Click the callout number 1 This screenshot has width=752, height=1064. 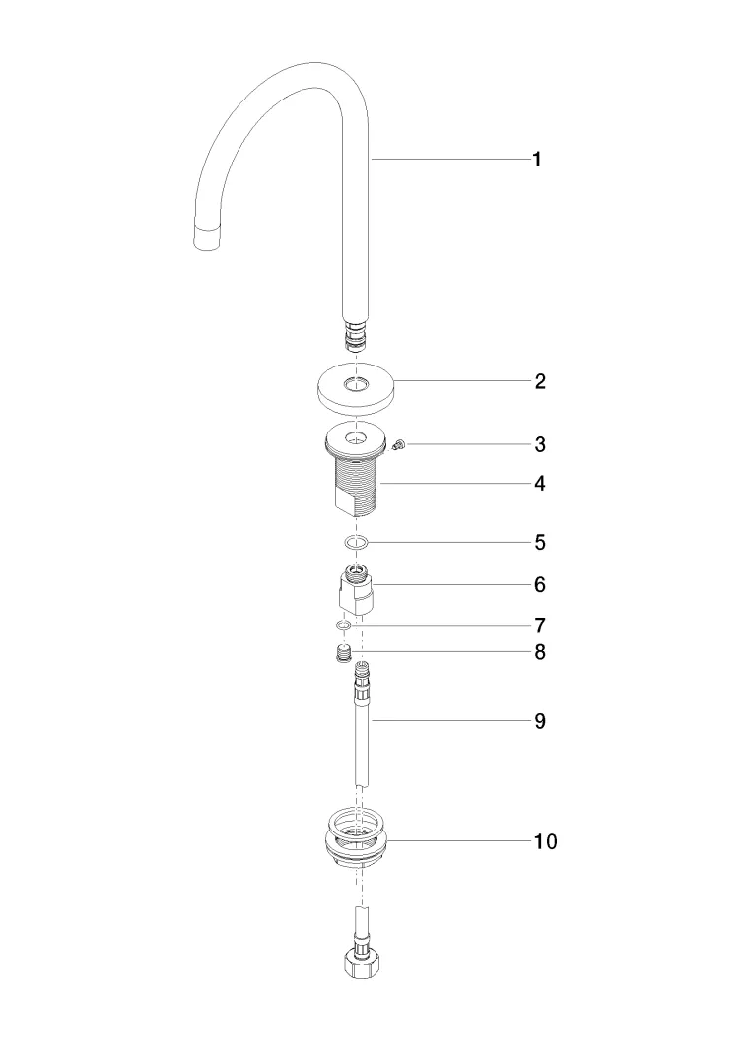(x=537, y=161)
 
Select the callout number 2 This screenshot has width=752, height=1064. (x=539, y=381)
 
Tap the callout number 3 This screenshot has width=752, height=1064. (x=539, y=444)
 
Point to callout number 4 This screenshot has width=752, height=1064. (x=539, y=483)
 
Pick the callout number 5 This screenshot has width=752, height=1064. (x=539, y=542)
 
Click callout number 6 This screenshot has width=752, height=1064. (x=539, y=584)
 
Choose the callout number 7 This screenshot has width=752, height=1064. (x=539, y=625)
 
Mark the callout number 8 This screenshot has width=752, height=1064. (x=539, y=653)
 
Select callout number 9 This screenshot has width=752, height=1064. (x=539, y=720)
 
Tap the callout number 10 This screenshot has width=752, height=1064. (x=545, y=841)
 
